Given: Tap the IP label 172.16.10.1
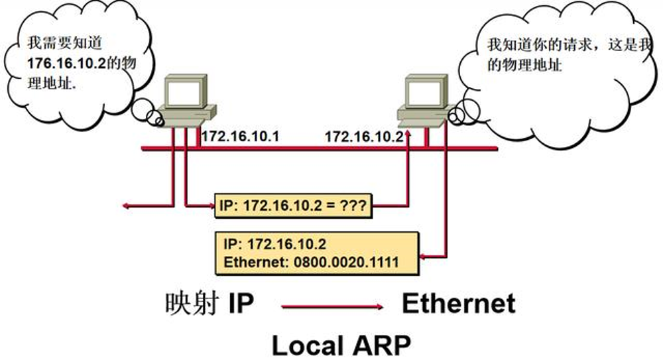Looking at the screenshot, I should click(240, 137).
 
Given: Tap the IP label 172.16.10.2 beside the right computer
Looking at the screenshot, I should click(363, 137).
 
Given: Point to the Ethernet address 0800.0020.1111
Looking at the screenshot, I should click(344, 262).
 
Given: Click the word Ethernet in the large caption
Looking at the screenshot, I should click(458, 304).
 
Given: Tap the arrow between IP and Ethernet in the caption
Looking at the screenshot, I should click(331, 306).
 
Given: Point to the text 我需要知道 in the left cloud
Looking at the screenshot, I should click(56, 44).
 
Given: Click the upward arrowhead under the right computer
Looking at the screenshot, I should click(408, 135).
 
